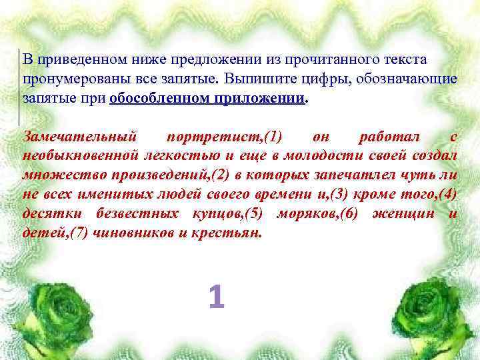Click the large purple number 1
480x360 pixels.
point(216,297)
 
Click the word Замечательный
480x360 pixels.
point(80,137)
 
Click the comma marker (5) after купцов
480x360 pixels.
point(254,214)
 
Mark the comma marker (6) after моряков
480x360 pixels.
point(347,214)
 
